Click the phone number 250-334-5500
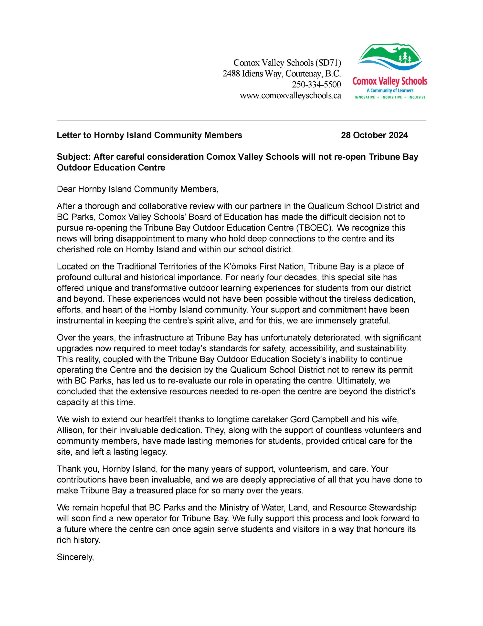pos(316,85)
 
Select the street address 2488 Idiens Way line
pos(282,74)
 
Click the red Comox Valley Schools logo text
pos(390,81)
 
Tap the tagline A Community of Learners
pos(390,90)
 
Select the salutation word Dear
pos(66,189)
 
